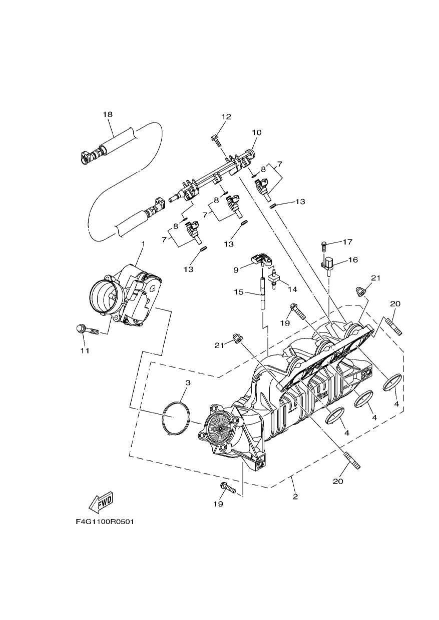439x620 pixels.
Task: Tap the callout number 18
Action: [x=108, y=114]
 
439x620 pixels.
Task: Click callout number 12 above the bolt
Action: [x=226, y=116]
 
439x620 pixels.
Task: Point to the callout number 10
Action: [x=257, y=132]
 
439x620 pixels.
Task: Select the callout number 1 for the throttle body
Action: [x=143, y=243]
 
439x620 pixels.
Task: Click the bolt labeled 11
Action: [x=87, y=329]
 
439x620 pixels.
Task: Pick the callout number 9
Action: [x=236, y=270]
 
